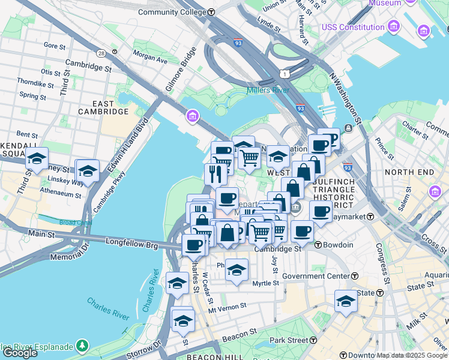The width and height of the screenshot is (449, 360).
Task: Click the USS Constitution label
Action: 353,27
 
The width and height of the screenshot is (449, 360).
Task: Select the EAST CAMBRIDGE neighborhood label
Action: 103,112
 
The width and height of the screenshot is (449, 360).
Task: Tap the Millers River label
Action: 268,91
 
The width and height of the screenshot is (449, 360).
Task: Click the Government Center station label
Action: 316,276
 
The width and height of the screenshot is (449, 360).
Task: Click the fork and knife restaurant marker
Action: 214,173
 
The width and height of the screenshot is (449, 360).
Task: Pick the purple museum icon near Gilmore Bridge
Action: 193,115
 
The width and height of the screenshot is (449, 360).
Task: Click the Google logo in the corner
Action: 20,353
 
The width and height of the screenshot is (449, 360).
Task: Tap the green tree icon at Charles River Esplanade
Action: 81,346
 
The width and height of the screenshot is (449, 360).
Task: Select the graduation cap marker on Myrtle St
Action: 237,270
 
